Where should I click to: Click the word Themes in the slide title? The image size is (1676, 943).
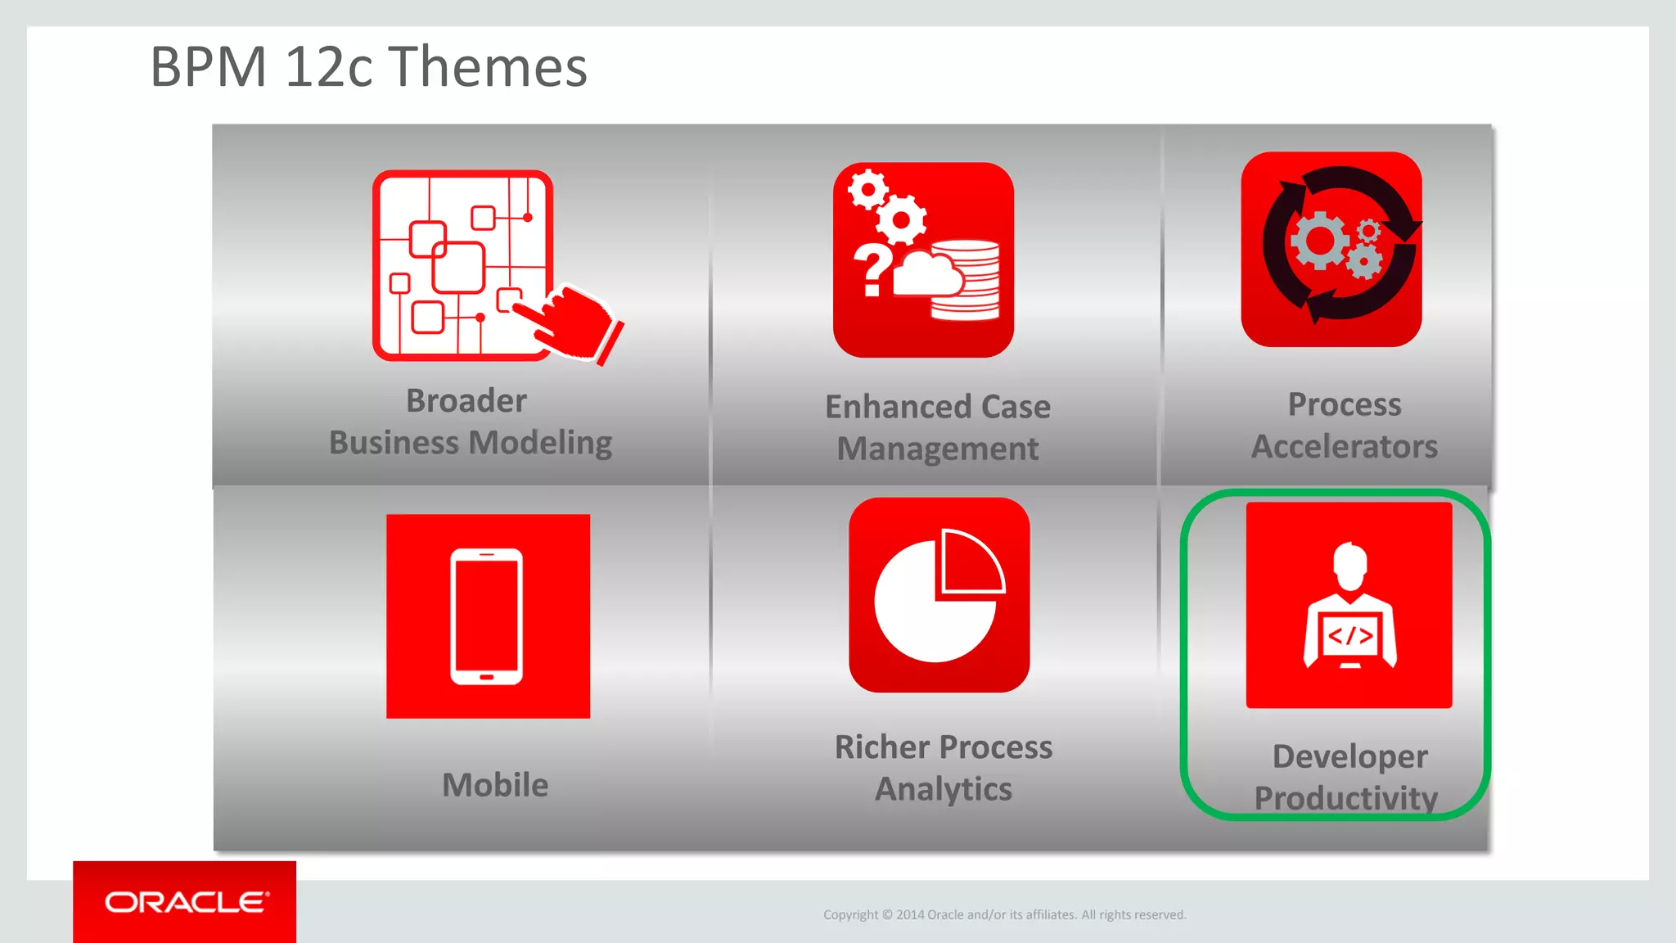[x=488, y=67]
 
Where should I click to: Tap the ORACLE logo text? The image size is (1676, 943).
[x=186, y=902]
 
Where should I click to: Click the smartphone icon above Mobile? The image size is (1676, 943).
[x=487, y=616]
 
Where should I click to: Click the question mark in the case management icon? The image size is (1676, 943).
[x=872, y=270]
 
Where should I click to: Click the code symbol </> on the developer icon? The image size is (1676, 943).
[x=1349, y=636]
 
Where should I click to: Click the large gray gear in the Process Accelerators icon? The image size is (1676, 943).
[x=1318, y=240]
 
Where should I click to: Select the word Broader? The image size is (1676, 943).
[x=466, y=401]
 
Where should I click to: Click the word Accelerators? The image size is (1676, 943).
[x=1344, y=447]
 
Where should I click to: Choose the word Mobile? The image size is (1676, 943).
[x=495, y=785]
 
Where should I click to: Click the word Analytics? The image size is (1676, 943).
[x=943, y=789]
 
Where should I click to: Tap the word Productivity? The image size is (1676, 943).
[x=1345, y=798]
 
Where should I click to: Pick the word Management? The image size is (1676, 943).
[x=938, y=449]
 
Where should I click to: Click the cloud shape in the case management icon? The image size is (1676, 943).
[x=926, y=275]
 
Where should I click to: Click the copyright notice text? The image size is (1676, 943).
[x=1004, y=914]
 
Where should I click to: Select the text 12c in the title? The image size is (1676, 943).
[x=328, y=67]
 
